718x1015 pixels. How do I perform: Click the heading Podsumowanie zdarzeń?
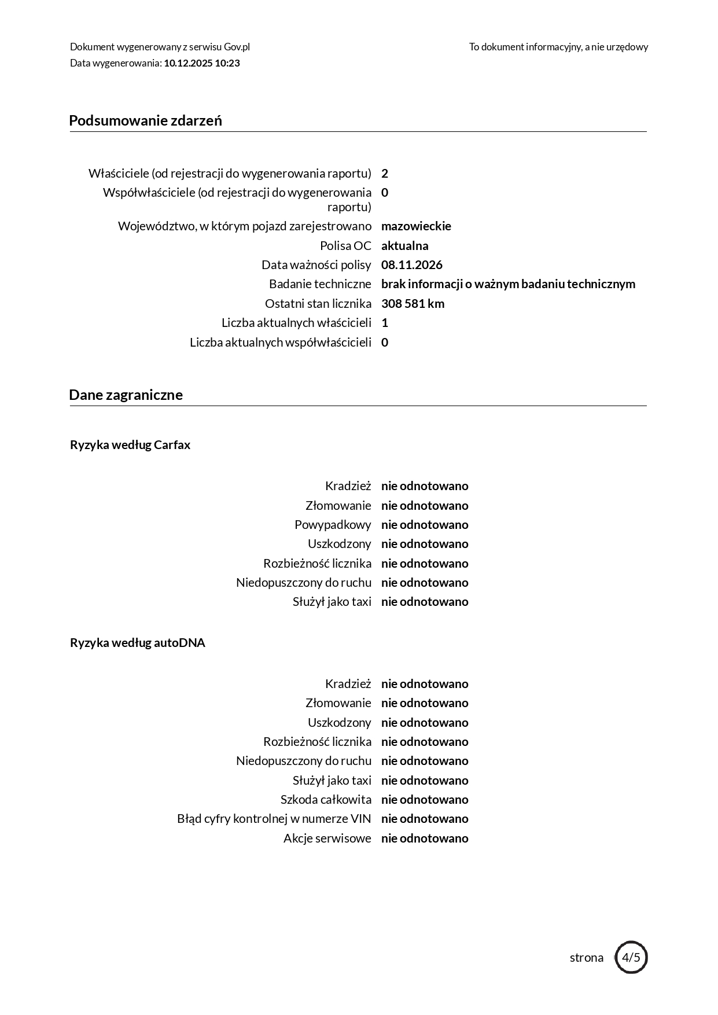click(x=145, y=120)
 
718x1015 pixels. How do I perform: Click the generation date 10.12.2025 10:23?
click(x=202, y=63)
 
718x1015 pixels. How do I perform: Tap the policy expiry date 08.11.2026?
click(x=411, y=265)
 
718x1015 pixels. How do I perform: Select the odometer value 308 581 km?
click(x=413, y=304)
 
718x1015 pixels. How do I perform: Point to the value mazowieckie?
click(x=416, y=226)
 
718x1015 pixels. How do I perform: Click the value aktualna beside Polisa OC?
click(x=404, y=245)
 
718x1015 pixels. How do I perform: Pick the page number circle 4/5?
click(x=631, y=957)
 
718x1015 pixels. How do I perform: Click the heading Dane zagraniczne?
click(x=126, y=395)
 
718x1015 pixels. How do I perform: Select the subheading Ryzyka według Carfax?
click(x=130, y=445)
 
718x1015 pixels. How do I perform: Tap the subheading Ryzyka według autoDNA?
click(x=138, y=643)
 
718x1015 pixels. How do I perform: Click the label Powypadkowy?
click(x=333, y=525)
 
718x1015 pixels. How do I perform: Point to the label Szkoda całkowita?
click(x=326, y=800)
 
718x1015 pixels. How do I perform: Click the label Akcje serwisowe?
click(x=327, y=839)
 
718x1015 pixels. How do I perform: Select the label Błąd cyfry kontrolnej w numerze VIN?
click(x=274, y=819)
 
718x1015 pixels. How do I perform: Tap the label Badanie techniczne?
click(x=320, y=284)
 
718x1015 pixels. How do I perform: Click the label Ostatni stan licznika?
click(x=318, y=304)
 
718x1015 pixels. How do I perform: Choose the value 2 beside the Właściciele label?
click(x=385, y=174)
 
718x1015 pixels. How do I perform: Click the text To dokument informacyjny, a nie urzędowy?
click(x=558, y=47)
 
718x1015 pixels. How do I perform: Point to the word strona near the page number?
click(x=586, y=958)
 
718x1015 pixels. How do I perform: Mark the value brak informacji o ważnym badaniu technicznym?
click(x=508, y=284)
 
